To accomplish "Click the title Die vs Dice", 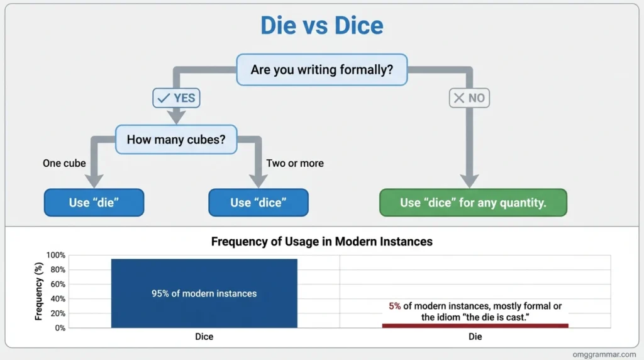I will [321, 25].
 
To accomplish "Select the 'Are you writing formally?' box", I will [321, 70].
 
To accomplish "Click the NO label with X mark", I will [469, 98].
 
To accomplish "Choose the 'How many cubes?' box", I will [175, 139].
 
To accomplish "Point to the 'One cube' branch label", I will [64, 163].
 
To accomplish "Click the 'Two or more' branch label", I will [295, 163].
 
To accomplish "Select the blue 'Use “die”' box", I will [94, 203].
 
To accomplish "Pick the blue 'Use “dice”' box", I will [258, 203].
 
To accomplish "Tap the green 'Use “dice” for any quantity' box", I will [473, 203].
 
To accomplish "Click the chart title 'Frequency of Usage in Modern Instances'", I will [321, 241].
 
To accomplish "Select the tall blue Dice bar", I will [204, 293].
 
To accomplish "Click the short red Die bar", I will [475, 325].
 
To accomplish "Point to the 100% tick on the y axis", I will [55, 256].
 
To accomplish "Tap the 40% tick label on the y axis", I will [57, 299].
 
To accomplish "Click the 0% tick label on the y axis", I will [59, 328].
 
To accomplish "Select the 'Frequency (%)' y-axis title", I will [38, 292].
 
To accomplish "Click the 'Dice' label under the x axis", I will [204, 337].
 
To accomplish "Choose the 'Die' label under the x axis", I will [475, 337].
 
